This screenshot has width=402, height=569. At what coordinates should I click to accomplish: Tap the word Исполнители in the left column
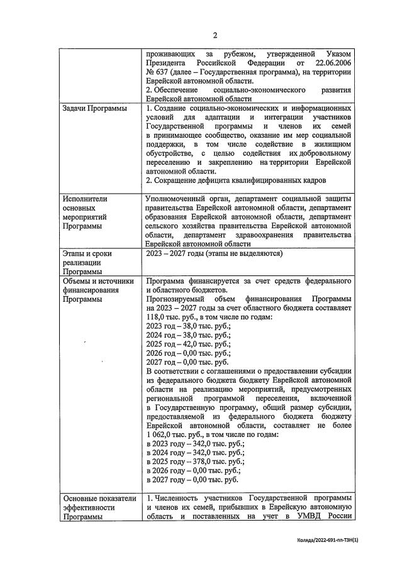pyautogui.click(x=85, y=199)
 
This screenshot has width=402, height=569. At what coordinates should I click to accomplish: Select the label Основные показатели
pyautogui.click(x=99, y=497)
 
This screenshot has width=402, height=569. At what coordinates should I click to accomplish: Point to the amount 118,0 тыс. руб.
pyautogui.click(x=174, y=318)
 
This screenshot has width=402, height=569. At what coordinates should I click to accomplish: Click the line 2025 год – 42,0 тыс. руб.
pyautogui.click(x=188, y=345)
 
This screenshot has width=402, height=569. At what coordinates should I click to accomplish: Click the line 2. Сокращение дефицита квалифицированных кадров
pyautogui.click(x=236, y=180)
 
